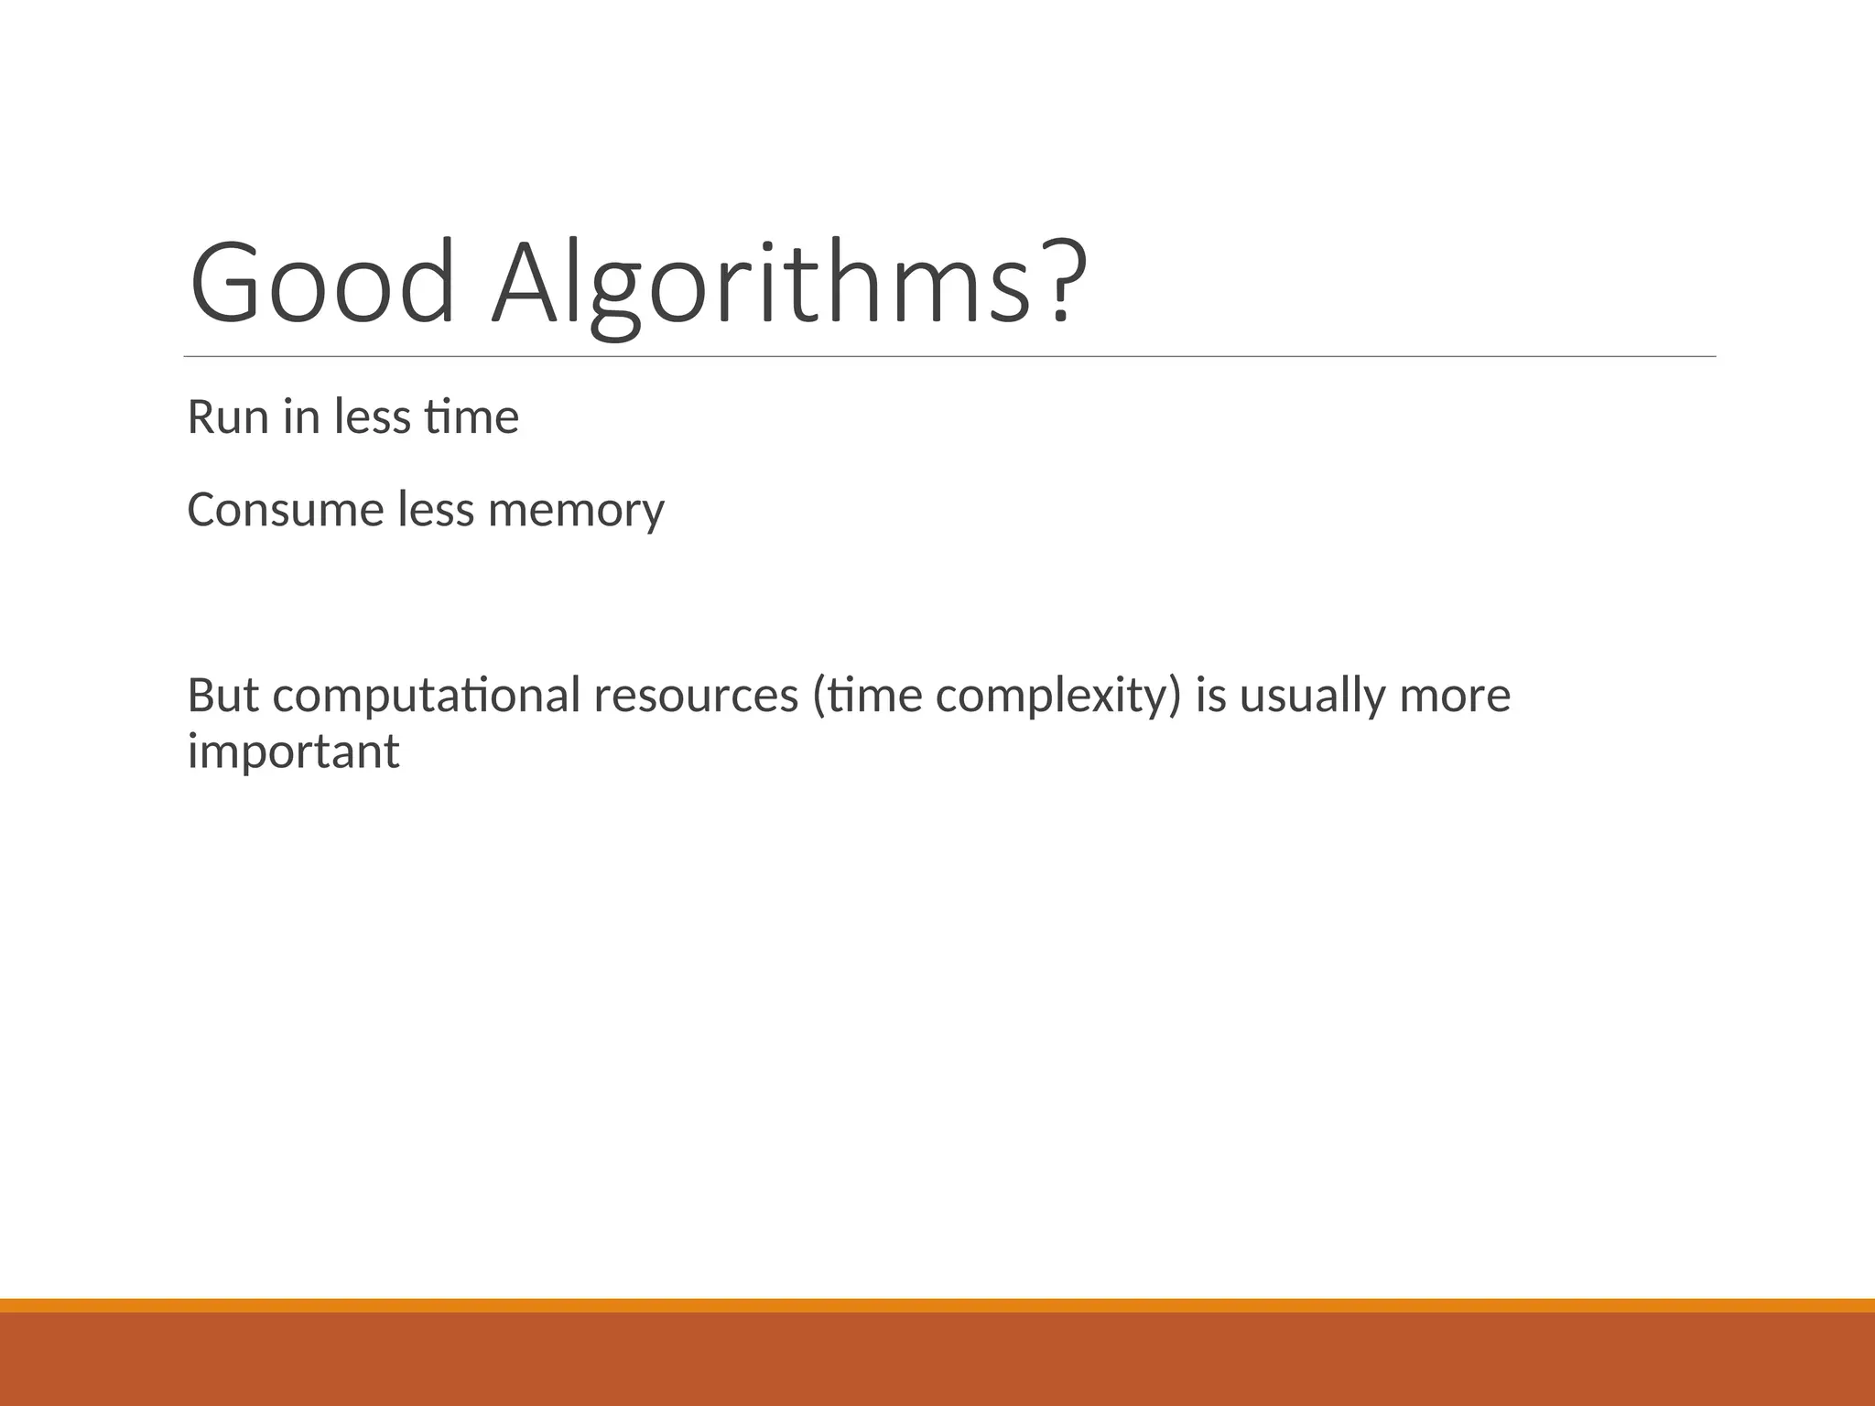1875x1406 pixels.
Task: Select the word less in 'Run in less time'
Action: pos(372,417)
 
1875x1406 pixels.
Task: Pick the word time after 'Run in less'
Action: pos(471,417)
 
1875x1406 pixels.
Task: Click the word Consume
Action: pos(285,510)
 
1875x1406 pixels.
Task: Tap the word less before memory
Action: pos(436,510)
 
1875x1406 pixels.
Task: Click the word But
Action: pos(222,695)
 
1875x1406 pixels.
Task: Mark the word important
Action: pos(293,753)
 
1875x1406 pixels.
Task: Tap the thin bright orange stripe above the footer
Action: pos(937,1305)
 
